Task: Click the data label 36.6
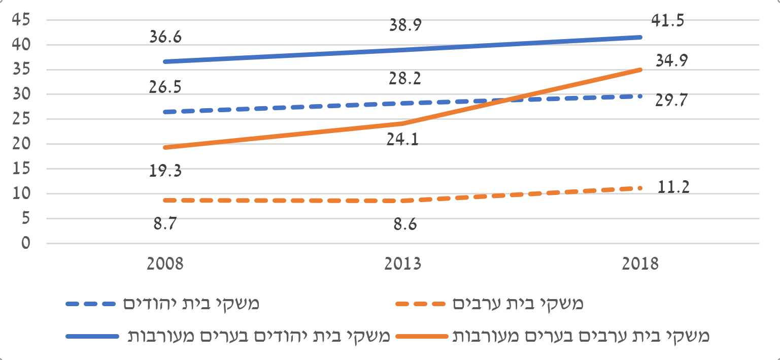(165, 37)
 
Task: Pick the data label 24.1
(402, 139)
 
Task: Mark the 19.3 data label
(165, 171)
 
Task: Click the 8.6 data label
(405, 224)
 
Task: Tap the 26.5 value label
(165, 87)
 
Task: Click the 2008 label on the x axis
(165, 265)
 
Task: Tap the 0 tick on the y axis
(26, 244)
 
